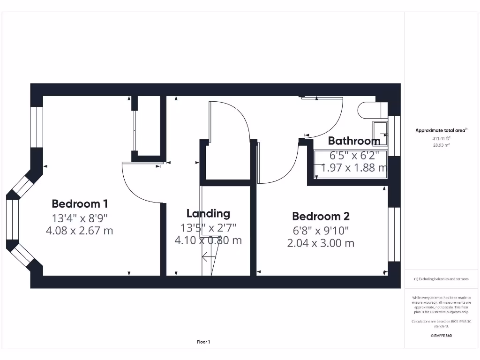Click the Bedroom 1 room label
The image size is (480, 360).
tap(80, 204)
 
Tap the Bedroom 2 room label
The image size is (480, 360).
tap(321, 216)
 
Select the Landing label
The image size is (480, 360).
tap(208, 214)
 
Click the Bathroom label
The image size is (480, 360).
tap(354, 141)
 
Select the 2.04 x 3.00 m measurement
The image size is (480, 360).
tap(321, 243)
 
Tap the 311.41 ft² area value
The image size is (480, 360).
tap(441, 138)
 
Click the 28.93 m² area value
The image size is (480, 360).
tap(441, 145)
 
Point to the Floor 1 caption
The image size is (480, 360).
tap(203, 342)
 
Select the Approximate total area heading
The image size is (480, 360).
tap(441, 131)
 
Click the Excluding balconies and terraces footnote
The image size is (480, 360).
tap(441, 279)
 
